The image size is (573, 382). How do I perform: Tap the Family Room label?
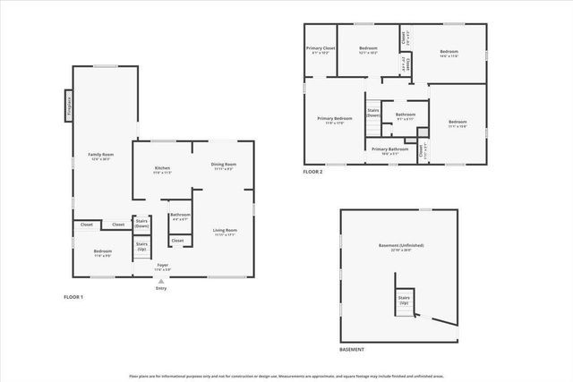[x=100, y=157]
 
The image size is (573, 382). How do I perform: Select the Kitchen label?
[x=162, y=169]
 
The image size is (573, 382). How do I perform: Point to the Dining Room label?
[x=223, y=166]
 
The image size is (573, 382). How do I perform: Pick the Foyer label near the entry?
[x=163, y=266]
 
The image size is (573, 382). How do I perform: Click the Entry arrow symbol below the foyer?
[x=161, y=280]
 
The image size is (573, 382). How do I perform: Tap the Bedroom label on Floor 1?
[x=102, y=253]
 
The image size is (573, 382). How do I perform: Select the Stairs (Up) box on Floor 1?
[x=141, y=245]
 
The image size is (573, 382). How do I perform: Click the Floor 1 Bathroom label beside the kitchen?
[x=180, y=216]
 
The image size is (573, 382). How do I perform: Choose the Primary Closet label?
[x=321, y=50]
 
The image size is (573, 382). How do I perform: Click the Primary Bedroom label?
[x=335, y=120]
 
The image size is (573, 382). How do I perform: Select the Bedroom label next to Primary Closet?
[x=368, y=50]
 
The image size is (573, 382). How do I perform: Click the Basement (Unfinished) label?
[x=400, y=247]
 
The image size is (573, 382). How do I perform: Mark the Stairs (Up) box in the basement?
[x=404, y=301]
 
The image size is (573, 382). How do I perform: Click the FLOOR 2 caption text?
[x=312, y=171]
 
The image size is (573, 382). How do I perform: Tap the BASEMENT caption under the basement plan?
[x=352, y=349]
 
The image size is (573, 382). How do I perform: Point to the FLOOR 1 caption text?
[x=73, y=296]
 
